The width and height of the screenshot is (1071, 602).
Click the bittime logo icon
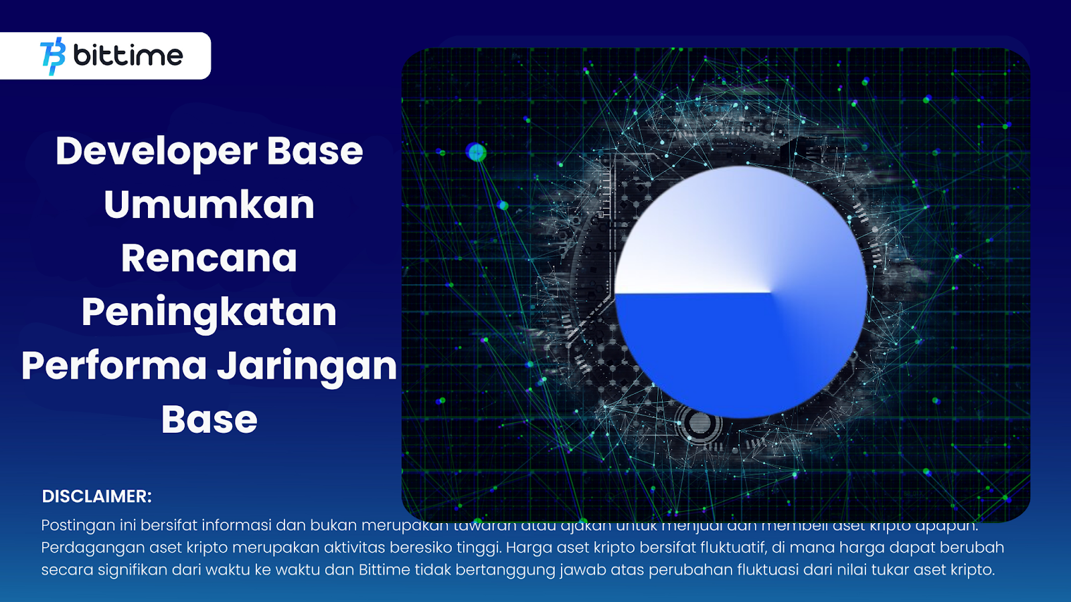click(53, 56)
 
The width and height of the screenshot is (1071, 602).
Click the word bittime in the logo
click(128, 56)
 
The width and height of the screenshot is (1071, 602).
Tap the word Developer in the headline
click(156, 151)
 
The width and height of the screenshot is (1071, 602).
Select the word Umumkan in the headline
click(209, 205)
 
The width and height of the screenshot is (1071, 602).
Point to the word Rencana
click(209, 259)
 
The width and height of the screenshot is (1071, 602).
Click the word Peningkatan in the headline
click(209, 312)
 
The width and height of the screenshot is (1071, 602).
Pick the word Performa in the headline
click(114, 367)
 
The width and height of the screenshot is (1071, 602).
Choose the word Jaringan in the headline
click(307, 367)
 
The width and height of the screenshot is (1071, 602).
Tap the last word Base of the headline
click(209, 420)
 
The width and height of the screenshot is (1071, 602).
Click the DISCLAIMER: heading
click(97, 496)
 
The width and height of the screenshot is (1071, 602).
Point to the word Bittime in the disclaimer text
click(384, 570)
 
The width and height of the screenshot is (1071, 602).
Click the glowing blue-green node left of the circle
click(476, 153)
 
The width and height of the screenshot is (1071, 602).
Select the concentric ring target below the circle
click(699, 423)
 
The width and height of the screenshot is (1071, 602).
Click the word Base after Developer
click(315, 151)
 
